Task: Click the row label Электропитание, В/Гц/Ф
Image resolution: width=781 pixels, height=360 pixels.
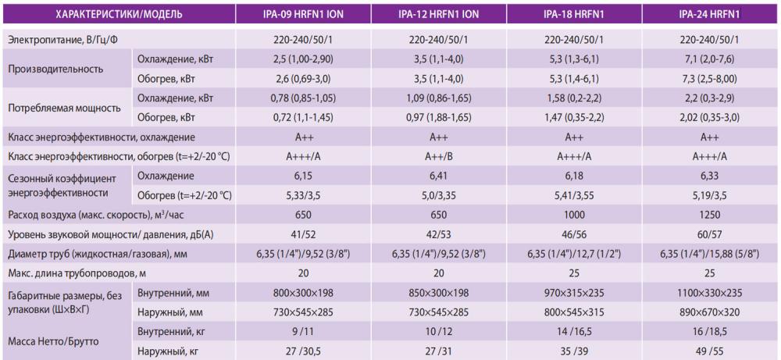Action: pyautogui.click(x=68, y=39)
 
